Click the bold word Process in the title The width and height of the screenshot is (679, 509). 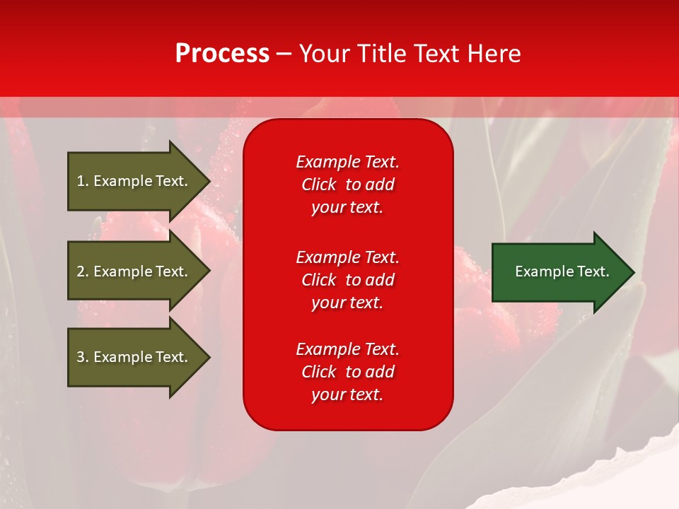pos(222,54)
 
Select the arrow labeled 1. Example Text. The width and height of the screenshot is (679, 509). pos(134,181)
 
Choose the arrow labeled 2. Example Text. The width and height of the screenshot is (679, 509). pos(134,271)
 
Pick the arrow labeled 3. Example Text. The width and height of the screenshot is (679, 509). pos(134,357)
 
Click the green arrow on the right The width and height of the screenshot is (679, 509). pos(559,271)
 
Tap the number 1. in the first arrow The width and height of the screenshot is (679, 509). pos(83,181)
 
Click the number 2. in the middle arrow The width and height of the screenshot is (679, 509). pos(83,271)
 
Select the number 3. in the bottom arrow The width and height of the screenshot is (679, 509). pos(83,357)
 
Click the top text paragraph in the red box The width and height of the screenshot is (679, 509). pos(347,185)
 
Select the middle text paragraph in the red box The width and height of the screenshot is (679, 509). pos(347,280)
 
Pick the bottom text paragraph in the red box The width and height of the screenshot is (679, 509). pos(347,372)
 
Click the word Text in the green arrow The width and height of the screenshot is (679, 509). pos(593,271)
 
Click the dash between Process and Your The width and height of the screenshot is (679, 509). pos(284,54)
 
